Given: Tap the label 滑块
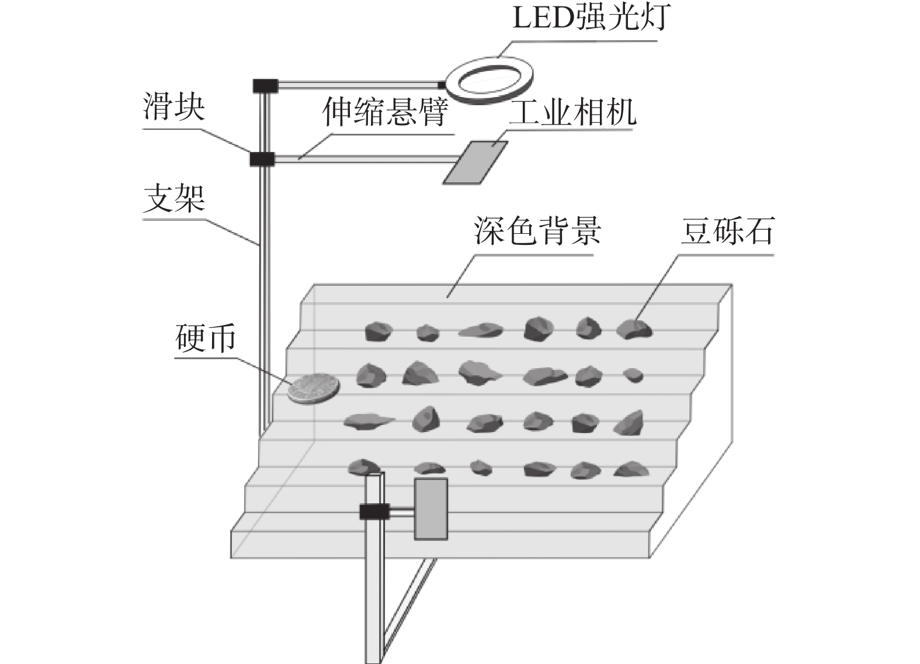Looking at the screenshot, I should click(x=174, y=108).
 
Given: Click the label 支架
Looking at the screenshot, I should click(x=174, y=199).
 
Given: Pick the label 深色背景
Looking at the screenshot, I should click(x=537, y=231).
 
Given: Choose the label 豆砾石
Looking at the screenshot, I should click(x=727, y=231).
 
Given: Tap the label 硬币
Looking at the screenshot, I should click(x=206, y=338).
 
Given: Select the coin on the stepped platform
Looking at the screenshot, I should click(x=314, y=388).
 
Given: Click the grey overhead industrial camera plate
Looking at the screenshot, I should click(x=475, y=162).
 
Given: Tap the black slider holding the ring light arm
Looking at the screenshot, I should click(x=265, y=86).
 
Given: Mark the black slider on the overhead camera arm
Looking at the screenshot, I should click(x=262, y=158).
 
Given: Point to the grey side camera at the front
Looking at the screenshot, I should click(x=431, y=509).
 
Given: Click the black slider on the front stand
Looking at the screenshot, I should click(x=374, y=512).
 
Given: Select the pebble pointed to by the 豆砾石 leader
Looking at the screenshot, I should click(x=634, y=329).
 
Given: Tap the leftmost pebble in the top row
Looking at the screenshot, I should click(x=377, y=331).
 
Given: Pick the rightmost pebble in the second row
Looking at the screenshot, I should click(x=633, y=375).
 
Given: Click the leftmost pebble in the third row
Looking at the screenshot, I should click(x=368, y=420).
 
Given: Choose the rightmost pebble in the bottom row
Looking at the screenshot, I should click(x=630, y=469).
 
